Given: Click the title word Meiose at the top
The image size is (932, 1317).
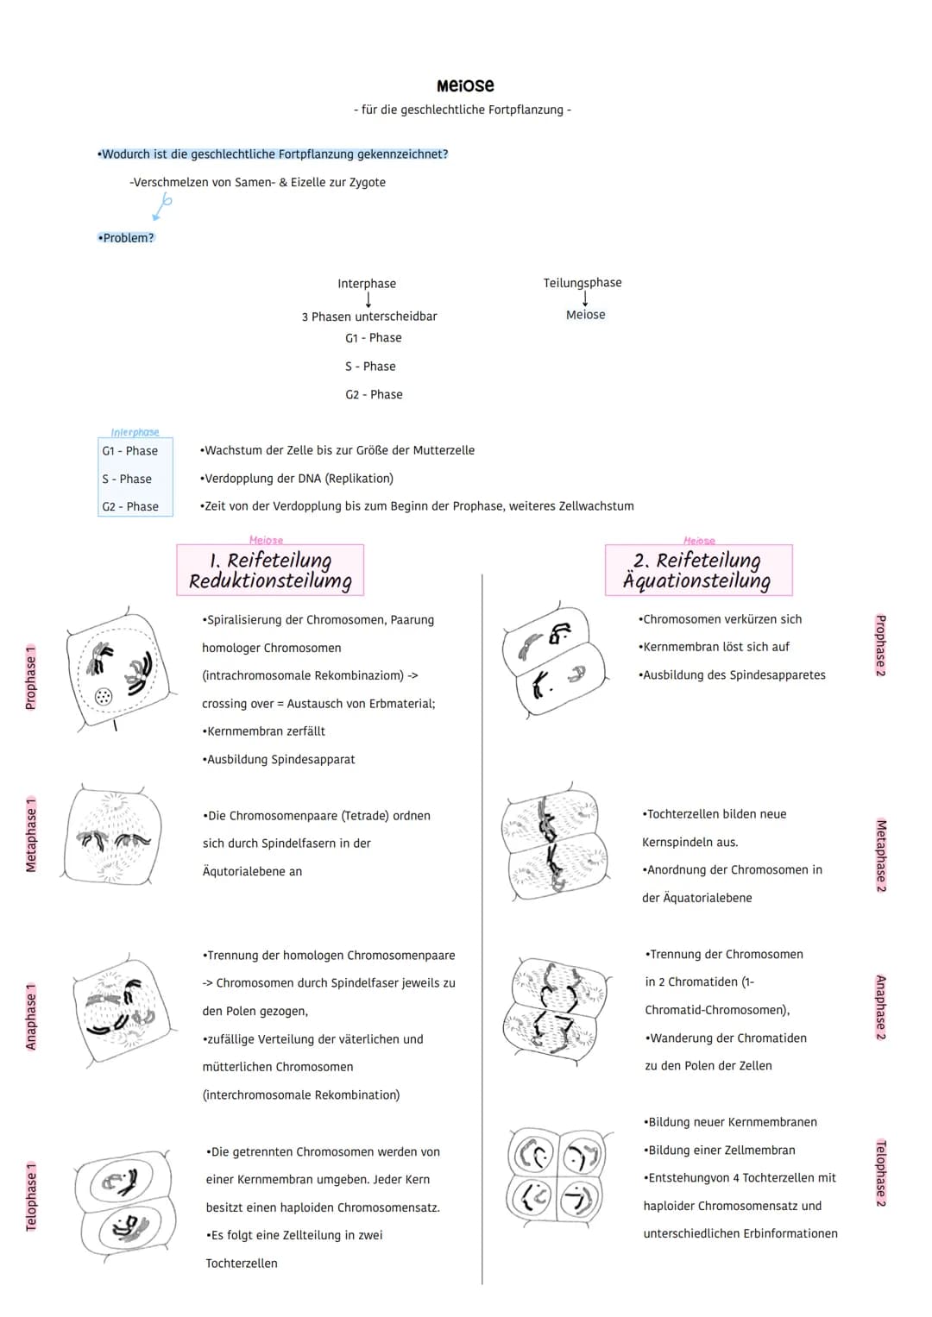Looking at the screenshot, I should click(x=465, y=85).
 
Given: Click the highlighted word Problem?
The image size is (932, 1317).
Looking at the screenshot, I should click(x=127, y=238).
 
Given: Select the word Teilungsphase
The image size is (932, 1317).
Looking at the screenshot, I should click(x=582, y=283).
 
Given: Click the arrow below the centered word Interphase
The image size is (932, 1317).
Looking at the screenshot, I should click(x=368, y=299).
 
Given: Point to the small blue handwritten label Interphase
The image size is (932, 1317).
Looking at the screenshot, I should click(x=135, y=432).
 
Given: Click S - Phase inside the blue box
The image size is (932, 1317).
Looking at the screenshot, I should click(x=127, y=479).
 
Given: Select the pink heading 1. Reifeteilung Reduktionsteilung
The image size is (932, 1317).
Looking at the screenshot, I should click(x=270, y=570).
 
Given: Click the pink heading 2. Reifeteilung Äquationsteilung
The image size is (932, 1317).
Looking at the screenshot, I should click(x=698, y=570).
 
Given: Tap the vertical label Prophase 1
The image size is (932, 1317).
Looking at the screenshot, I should click(x=31, y=677).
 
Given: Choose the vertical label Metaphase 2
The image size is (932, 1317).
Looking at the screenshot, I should click(x=881, y=855).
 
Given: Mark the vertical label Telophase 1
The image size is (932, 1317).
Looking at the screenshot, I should click(x=31, y=1196).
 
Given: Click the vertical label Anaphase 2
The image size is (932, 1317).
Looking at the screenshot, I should click(x=881, y=1007).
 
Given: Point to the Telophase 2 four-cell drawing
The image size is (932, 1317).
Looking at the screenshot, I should click(x=557, y=1174).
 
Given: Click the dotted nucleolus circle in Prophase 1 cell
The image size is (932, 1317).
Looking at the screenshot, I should click(x=104, y=696).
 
